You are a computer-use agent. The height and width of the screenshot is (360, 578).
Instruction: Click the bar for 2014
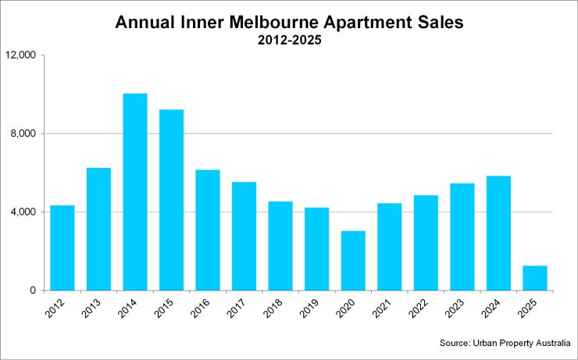tap(135, 192)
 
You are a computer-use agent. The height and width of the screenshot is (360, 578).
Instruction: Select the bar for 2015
tap(171, 200)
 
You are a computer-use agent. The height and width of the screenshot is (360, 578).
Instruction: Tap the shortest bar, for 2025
tap(535, 278)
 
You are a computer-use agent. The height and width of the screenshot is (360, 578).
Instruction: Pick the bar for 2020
tap(353, 261)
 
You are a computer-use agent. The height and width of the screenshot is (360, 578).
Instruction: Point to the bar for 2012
tap(62, 248)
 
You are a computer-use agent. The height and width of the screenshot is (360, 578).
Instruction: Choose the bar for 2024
tap(498, 233)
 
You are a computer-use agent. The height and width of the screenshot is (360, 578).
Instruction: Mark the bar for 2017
tap(244, 236)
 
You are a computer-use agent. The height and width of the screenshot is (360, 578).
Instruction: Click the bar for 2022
tap(426, 242)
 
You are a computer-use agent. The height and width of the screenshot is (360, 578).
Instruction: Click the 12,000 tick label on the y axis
tap(21, 55)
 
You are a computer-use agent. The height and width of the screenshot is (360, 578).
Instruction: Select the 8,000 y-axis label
tap(25, 134)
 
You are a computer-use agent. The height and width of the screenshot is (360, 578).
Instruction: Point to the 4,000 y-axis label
tap(25, 212)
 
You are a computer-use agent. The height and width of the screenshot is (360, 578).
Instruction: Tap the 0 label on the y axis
tap(34, 290)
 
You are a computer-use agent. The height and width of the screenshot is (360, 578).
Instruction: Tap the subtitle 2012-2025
tap(289, 41)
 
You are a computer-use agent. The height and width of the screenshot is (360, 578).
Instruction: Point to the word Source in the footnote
tap(455, 343)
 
